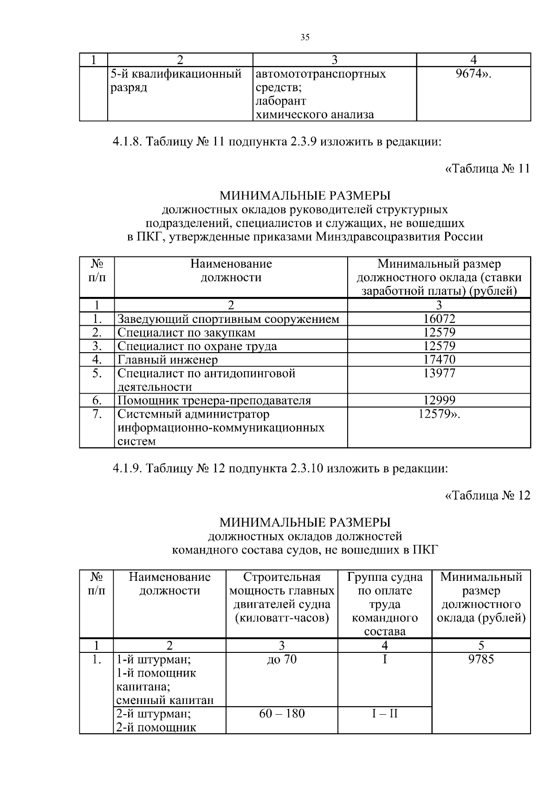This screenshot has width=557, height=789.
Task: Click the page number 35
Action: (304, 38)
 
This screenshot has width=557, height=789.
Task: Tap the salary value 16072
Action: (439, 319)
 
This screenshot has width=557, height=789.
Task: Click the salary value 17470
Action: (439, 360)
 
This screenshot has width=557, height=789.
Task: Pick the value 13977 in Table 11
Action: (439, 373)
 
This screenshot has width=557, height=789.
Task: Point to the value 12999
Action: (439, 400)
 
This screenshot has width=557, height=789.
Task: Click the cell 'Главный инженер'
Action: (168, 360)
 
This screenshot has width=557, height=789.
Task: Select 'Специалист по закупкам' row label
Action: (186, 333)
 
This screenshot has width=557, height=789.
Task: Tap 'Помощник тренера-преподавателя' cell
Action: (214, 400)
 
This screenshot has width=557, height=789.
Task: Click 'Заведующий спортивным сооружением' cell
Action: (228, 319)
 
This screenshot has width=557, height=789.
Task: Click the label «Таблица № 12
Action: (487, 495)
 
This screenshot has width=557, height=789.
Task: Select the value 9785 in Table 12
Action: (481, 659)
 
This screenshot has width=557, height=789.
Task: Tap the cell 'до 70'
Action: (282, 659)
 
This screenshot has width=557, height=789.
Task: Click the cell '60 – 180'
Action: (282, 713)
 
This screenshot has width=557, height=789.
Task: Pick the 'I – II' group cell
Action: (385, 713)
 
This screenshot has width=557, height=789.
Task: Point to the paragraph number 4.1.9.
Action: (128, 468)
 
